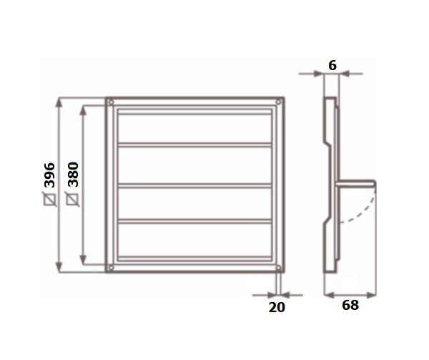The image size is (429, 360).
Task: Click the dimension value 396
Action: tap(49, 175)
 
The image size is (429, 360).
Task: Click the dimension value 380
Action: tap(73, 175)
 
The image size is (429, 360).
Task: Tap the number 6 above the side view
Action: tap(332, 65)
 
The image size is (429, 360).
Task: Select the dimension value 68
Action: tap(350, 305)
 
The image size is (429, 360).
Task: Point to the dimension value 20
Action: tap(277, 307)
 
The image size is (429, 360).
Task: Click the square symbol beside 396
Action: tap(50, 199)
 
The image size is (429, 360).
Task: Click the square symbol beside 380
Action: tap(73, 199)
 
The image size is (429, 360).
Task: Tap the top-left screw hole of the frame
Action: tap(111, 102)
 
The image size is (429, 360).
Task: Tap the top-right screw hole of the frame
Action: tap(279, 102)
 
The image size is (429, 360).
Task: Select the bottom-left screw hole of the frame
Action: tap(111, 268)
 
